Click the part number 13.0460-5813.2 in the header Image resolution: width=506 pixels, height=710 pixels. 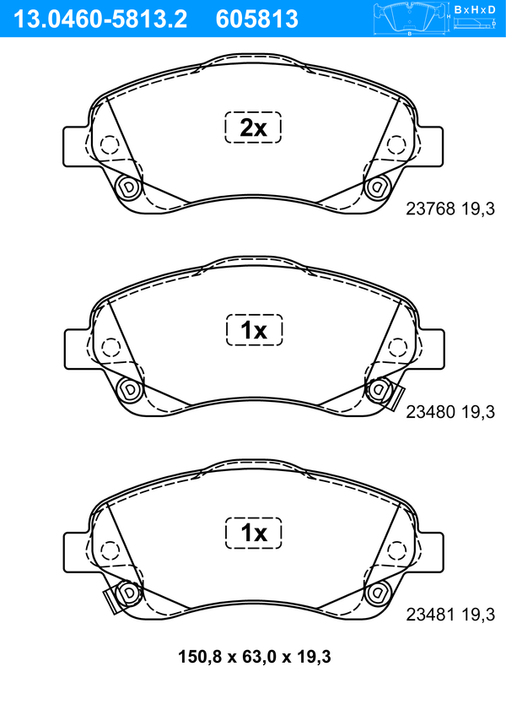click(100, 19)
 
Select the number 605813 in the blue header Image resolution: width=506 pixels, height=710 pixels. click(257, 19)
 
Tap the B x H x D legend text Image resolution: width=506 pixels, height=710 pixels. click(475, 9)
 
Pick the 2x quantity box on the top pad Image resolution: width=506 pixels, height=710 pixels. click(253, 127)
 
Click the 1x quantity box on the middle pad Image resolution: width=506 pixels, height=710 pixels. click(254, 329)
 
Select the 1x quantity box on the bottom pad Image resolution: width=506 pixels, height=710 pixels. click(254, 533)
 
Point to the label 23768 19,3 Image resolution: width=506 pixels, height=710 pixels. click(450, 209)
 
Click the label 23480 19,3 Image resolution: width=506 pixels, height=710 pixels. click(450, 412)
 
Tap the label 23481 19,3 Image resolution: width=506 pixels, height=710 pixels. click(450, 615)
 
